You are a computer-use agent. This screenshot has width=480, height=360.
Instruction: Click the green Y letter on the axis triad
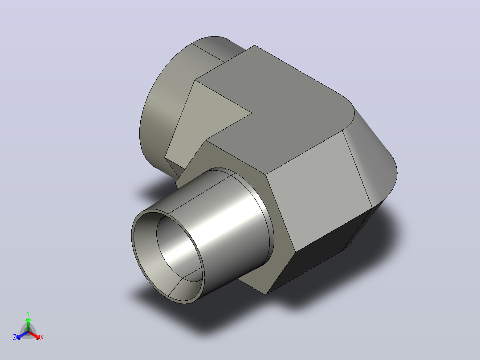click(28, 313)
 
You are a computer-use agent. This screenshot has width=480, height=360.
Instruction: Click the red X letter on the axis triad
click(42, 337)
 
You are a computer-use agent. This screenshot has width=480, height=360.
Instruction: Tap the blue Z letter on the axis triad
click(15, 337)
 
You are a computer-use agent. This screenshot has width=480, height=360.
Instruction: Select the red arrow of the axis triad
click(35, 335)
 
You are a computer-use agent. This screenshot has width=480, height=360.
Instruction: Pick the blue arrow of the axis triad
click(22, 335)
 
